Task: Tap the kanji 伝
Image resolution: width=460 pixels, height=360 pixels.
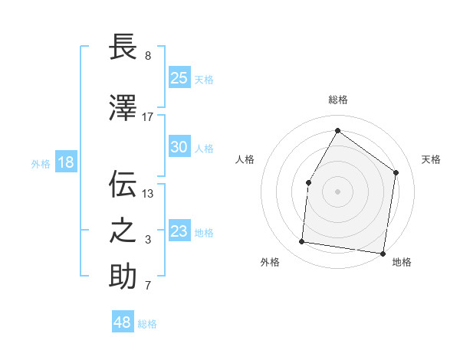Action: click(123, 184)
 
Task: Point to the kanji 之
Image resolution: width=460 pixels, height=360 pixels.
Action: click(123, 231)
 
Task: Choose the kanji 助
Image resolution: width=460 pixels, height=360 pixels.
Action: click(123, 277)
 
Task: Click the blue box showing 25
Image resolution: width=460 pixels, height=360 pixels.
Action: click(179, 78)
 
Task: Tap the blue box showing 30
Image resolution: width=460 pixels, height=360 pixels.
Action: click(179, 147)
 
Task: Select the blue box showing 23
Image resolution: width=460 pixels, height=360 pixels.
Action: click(179, 231)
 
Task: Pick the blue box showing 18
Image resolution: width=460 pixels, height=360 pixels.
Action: click(65, 162)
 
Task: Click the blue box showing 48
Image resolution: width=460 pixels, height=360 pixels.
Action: click(123, 322)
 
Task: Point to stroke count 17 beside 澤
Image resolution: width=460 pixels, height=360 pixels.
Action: click(148, 116)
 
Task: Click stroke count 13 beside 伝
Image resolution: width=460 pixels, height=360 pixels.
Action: click(148, 193)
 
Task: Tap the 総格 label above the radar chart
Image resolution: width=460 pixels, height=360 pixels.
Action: click(337, 100)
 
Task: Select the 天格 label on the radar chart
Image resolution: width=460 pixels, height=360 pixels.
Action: click(431, 159)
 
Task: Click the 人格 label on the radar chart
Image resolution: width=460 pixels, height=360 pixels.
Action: click(245, 159)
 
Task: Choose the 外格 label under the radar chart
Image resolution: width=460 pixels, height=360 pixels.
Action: click(270, 262)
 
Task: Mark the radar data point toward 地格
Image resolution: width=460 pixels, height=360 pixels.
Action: click(383, 253)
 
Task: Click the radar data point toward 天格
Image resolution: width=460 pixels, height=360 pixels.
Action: click(396, 172)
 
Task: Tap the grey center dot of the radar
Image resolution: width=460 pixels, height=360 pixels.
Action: click(337, 191)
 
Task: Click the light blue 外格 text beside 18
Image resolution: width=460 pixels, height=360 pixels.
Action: click(41, 163)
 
